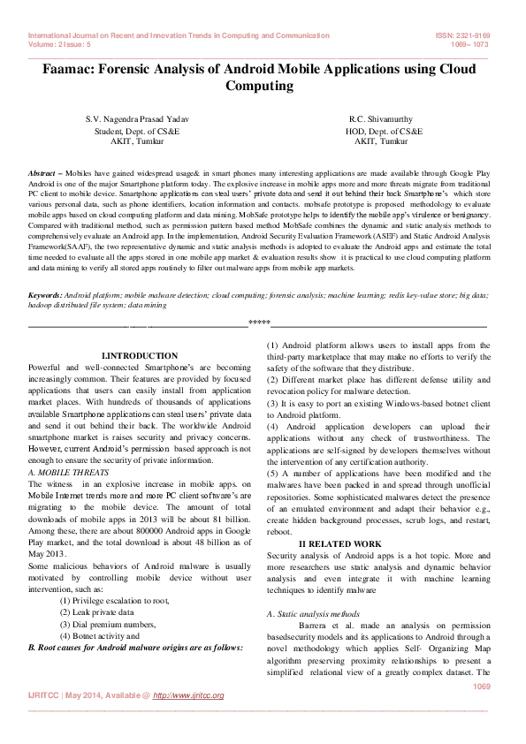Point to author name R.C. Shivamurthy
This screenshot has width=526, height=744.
point(381,118)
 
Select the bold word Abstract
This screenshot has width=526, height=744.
point(42,173)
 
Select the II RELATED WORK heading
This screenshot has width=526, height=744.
point(340,543)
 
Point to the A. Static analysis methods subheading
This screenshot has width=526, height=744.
point(313,612)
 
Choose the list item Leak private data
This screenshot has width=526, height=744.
point(96,611)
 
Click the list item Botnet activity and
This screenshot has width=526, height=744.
point(102,635)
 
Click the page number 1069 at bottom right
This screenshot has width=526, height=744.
point(481,686)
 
